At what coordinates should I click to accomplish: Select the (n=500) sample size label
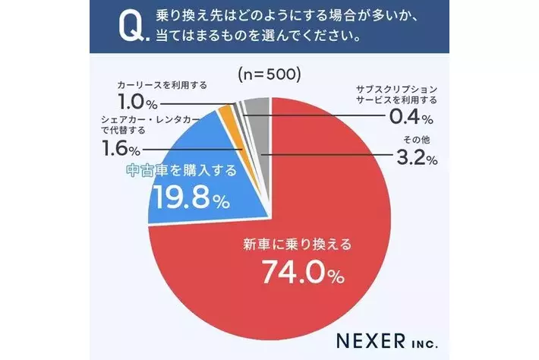coord(269,75)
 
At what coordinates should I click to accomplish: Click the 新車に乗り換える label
coord(298,245)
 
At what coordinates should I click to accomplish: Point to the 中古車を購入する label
coord(181,172)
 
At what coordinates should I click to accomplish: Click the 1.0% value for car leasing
coord(137,101)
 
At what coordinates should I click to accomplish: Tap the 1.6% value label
coord(121,148)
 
